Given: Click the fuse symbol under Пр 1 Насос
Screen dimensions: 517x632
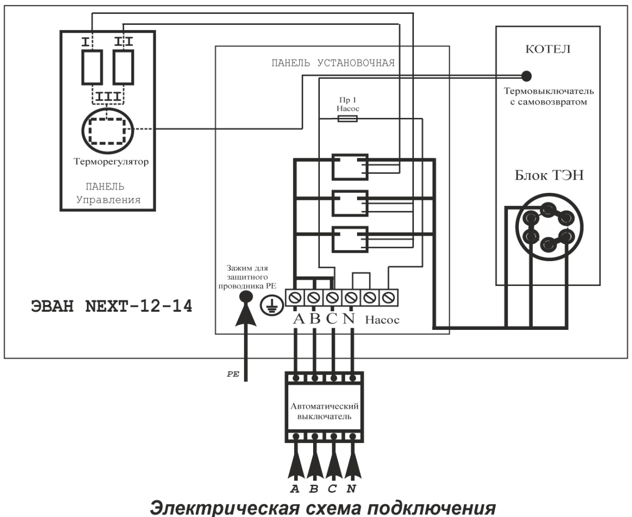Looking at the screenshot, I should click(x=346, y=119).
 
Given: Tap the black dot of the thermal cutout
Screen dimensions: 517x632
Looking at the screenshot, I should click(x=526, y=76).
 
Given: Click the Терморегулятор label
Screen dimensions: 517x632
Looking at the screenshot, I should click(x=111, y=162).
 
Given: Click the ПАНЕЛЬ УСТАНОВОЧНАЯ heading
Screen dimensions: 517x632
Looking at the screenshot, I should click(x=333, y=64).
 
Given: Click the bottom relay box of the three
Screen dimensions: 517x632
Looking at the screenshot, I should click(x=349, y=239).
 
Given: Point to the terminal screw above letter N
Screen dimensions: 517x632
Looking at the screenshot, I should click(x=351, y=298).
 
